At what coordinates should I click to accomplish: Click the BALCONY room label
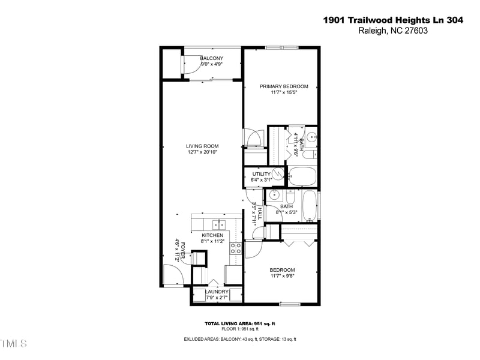(x=195, y=58)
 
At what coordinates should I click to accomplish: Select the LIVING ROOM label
(x=202, y=146)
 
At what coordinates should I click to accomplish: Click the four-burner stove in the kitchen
(x=235, y=248)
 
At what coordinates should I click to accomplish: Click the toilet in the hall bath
(x=290, y=196)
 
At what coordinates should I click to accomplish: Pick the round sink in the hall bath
(x=274, y=195)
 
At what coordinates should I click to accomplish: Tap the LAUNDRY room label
(x=216, y=292)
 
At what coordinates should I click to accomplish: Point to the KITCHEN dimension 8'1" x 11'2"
(x=212, y=241)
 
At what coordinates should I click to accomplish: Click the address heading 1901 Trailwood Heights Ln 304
(x=393, y=20)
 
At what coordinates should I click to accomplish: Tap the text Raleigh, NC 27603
(x=392, y=31)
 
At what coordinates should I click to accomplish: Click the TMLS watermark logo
(x=14, y=344)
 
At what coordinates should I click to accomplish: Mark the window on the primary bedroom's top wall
(x=283, y=47)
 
